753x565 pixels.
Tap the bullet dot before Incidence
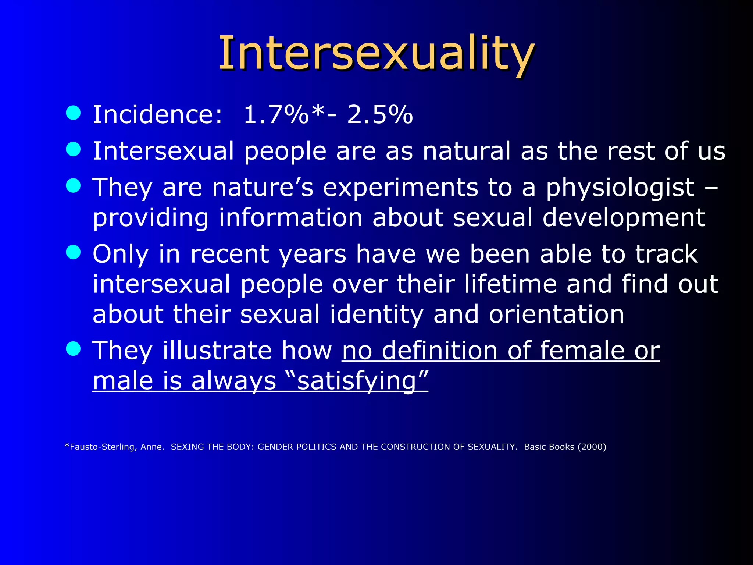73,113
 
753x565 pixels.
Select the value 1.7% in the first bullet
276,114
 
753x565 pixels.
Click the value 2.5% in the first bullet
380,114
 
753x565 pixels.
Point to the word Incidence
157,114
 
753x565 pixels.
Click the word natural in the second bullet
467,151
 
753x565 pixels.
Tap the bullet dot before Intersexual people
73,149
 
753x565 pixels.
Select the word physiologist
620,188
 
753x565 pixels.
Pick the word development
624,218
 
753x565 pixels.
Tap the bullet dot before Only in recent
73,252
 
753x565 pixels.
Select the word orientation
556,315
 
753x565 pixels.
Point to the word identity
376,315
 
